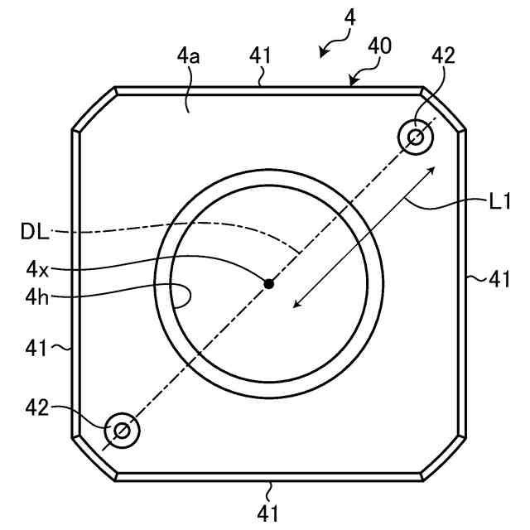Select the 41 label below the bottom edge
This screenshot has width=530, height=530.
267,513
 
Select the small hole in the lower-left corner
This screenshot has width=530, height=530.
122,430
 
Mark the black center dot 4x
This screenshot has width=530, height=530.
268,284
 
